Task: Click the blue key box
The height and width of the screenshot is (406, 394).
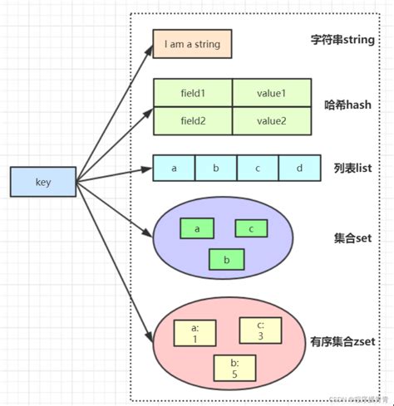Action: pos(43,182)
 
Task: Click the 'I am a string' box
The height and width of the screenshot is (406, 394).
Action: pos(192,44)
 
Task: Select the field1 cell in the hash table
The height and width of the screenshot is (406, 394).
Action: pos(193,93)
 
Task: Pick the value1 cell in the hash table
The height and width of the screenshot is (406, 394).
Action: pos(271,93)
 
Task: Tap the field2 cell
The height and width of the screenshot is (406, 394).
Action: pos(193,120)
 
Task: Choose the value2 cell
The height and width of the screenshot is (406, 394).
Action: pos(271,120)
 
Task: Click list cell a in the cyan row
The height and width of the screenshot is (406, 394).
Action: pos(175,168)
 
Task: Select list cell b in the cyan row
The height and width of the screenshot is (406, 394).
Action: pos(215,168)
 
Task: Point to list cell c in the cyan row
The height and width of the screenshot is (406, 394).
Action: pos(258,168)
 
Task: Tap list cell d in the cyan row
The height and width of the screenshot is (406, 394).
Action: pos(298,168)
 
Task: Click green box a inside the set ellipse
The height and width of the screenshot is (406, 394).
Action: pos(197,227)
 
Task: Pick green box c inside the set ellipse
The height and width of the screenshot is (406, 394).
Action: pos(251,227)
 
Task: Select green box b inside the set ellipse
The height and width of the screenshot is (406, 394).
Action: pos(225,259)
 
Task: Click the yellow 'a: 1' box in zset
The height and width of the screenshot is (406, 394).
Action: pos(195,334)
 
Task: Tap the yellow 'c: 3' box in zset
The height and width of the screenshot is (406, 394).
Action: pos(261,330)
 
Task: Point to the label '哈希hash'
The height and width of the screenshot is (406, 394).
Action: pos(347,105)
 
